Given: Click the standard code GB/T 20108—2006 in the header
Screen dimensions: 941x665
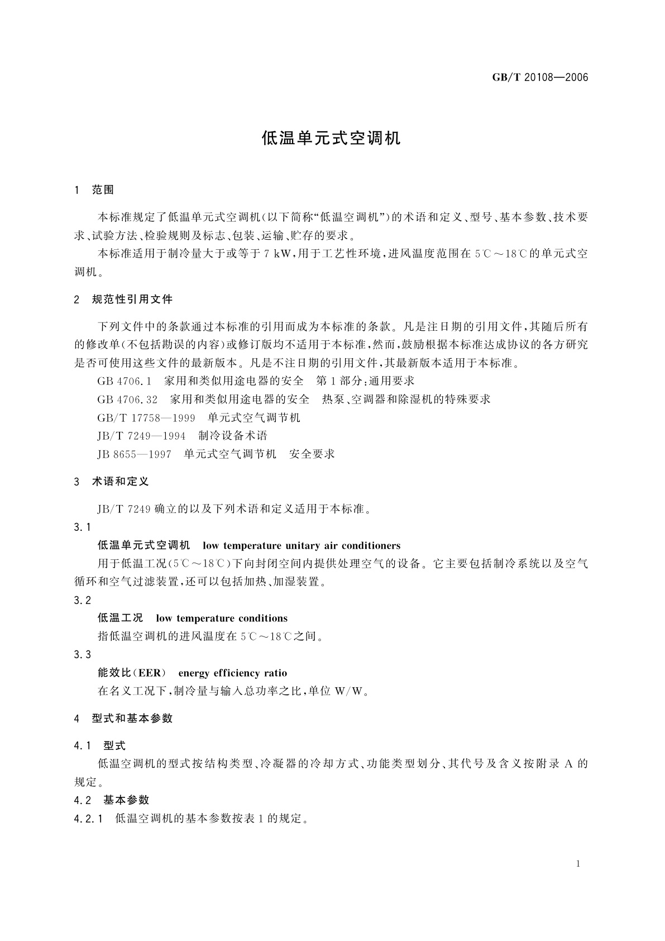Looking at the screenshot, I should pos(540,77).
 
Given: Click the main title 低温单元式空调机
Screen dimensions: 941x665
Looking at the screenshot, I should pos(332,139).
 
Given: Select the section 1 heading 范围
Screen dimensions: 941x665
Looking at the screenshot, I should pos(103,190).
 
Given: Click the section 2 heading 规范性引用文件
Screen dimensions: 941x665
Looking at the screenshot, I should pos(132,300).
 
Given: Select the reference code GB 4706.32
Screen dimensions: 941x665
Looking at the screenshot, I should pos(127,400).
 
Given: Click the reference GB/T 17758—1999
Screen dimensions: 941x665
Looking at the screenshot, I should pos(146,417).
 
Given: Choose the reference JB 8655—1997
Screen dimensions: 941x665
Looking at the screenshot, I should pos(134,454).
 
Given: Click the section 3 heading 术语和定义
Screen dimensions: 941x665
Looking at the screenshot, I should pos(120,482).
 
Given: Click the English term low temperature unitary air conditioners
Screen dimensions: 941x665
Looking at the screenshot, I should pos(302,545).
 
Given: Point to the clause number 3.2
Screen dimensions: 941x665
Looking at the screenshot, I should pos(82,600).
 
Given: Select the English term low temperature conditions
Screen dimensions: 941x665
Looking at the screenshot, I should pos(222,618).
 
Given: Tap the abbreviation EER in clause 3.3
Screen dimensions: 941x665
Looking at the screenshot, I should pos(149,673).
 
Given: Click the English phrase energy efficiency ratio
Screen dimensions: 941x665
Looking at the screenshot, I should pos(232,673).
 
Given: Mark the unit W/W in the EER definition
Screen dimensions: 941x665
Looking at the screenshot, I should pos(350,691).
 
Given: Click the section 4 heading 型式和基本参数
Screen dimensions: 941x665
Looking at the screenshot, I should pos(132,719).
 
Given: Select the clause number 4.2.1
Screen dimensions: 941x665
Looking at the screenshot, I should pos(88,819).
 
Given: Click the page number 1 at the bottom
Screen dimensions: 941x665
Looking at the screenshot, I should pos(578,864).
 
